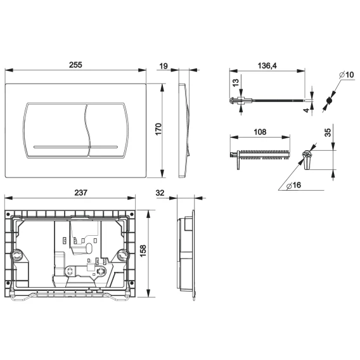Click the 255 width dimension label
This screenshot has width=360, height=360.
75,65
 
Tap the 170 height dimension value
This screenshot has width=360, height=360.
158,129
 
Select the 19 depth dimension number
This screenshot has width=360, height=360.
164,66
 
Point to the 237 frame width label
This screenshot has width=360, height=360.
81,193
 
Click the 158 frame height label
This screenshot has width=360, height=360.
143,251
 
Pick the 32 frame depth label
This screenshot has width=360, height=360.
160,193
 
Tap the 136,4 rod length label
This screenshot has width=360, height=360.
267,66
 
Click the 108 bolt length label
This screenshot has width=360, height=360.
260,132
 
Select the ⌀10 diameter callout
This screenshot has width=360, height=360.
347,75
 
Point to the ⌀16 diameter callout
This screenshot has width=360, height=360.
293,185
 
